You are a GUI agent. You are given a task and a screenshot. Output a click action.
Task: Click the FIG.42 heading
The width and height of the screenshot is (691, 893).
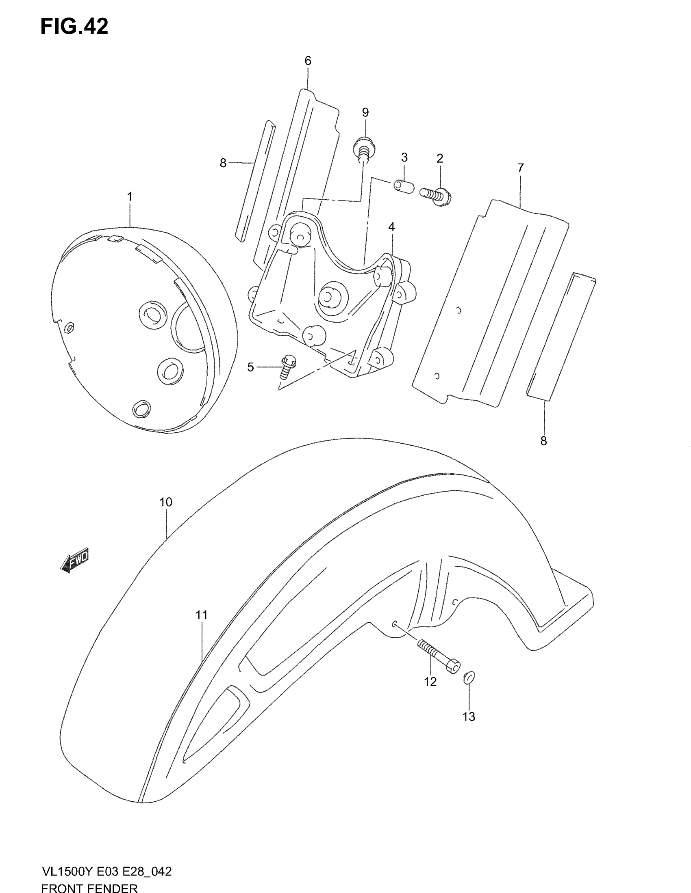coord(74,27)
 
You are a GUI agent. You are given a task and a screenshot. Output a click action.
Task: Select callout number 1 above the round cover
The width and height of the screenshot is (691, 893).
coord(130,197)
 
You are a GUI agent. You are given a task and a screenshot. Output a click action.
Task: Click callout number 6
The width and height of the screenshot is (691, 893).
coord(308,61)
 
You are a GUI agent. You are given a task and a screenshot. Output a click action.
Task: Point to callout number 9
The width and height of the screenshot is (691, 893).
coord(365,112)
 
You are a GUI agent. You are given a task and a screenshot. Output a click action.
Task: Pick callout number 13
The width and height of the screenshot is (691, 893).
coord(469,716)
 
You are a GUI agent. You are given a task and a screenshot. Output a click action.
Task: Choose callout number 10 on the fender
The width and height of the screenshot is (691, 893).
coord(166,502)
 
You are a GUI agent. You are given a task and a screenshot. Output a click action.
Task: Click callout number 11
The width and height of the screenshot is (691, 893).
coord(201,626)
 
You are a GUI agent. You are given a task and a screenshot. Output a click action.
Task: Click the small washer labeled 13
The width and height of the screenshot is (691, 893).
coord(469,678)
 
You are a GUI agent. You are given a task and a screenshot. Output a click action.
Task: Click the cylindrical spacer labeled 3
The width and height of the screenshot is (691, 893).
coord(404,186)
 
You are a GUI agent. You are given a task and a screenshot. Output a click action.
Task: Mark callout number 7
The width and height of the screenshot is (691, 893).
coord(520,168)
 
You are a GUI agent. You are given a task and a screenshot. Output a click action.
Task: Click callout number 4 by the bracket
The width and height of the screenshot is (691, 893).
coord(391,227)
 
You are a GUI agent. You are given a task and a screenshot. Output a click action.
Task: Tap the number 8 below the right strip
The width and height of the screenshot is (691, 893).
coord(543,441)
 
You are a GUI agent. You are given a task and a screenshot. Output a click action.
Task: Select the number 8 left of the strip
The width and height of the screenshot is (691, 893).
coord(223,164)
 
